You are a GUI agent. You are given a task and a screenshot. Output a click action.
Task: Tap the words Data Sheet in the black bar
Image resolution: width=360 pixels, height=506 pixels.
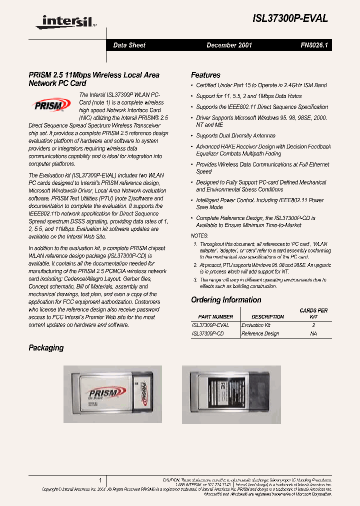tap(129, 45)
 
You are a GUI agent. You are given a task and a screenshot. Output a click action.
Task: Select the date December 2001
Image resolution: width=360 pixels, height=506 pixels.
tap(229, 45)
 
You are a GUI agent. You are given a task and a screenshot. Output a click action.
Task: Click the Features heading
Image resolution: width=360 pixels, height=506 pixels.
tap(205, 75)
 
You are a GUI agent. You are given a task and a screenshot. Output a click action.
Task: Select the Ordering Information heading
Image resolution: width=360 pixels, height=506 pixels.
tap(226, 300)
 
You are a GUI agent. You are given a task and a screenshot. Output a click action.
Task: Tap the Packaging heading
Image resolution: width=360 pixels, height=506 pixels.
tap(46, 347)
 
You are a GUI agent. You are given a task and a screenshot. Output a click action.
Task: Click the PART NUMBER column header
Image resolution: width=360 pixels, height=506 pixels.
tap(215, 316)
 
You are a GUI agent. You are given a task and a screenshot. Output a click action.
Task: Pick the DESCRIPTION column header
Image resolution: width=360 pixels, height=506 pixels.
tap(267, 316)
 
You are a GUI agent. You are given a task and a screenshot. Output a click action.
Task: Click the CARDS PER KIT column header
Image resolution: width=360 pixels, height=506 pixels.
tap(313, 313)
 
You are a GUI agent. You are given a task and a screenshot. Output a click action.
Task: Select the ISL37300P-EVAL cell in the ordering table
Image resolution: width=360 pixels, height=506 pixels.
tap(210, 325)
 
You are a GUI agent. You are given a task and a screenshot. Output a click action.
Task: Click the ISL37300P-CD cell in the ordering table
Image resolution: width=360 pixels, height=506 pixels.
tap(208, 333)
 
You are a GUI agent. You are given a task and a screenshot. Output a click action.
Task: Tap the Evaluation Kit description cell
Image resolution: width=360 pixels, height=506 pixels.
tap(256, 325)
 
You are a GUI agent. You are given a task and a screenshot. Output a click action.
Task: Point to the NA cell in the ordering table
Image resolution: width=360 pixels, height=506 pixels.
tap(313, 333)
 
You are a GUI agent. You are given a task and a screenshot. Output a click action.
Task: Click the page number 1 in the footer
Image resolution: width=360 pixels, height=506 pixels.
tap(100, 479)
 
